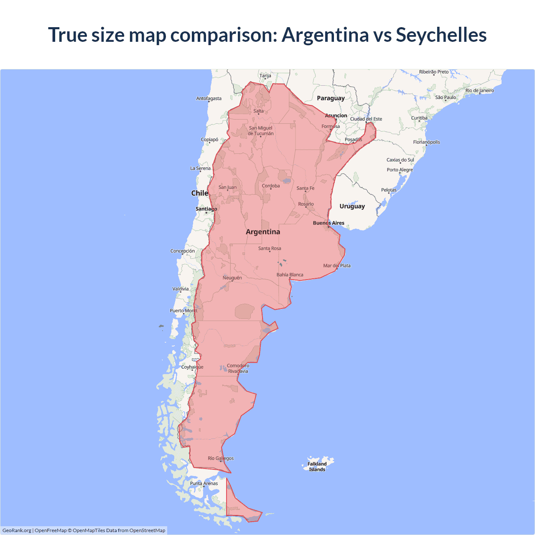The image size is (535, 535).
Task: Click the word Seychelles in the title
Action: pyautogui.click(x=441, y=35)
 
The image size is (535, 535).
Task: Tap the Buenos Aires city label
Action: pyautogui.click(x=329, y=223)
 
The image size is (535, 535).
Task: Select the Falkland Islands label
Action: pyautogui.click(x=317, y=466)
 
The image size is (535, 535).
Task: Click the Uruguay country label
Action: pyautogui.click(x=352, y=206)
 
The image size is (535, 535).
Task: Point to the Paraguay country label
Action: pyautogui.click(x=331, y=98)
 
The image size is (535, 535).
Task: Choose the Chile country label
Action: pyautogui.click(x=199, y=193)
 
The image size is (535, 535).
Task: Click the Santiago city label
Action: pyautogui.click(x=206, y=209)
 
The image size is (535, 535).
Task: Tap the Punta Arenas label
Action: pyautogui.click(x=204, y=483)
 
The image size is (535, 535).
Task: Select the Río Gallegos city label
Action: pyautogui.click(x=221, y=458)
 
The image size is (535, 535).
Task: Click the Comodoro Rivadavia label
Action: pyautogui.click(x=238, y=368)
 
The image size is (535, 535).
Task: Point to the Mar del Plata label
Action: pyautogui.click(x=337, y=265)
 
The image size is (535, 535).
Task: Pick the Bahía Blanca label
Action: pyautogui.click(x=290, y=275)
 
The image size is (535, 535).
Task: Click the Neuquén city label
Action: pyautogui.click(x=232, y=278)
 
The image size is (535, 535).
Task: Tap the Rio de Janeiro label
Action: pyautogui.click(x=479, y=90)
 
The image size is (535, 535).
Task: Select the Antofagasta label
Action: pyautogui.click(x=209, y=99)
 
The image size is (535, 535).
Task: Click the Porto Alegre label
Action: pyautogui.click(x=400, y=170)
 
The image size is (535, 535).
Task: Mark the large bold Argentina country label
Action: pyautogui.click(x=263, y=232)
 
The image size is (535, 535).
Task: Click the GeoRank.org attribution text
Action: pyautogui.click(x=17, y=530)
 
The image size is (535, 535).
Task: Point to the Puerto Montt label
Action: pyautogui.click(x=183, y=311)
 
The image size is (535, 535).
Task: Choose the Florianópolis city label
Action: pyautogui.click(x=426, y=142)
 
